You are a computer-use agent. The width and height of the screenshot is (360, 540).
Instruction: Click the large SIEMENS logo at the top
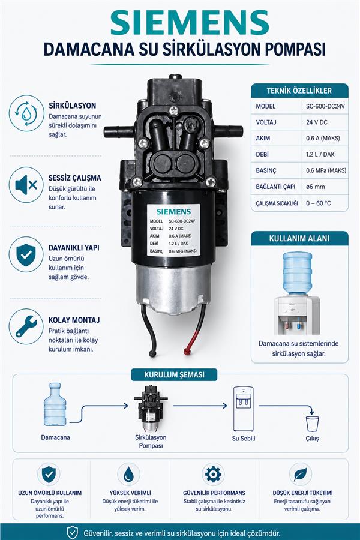pos(190,22)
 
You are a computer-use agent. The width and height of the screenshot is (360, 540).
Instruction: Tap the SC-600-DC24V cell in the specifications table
pos(325,106)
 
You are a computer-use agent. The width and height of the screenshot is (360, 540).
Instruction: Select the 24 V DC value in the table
pos(317,122)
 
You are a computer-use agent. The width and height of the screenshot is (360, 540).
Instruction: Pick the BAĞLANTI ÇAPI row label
pos(275,187)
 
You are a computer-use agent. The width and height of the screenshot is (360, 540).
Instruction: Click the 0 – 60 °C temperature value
pos(319,203)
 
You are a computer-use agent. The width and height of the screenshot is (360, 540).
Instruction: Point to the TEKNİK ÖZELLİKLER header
pos(299,91)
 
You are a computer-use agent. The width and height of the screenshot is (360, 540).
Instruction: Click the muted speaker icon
pos(26,185)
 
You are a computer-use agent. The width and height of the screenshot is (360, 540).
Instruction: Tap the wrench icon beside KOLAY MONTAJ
pos(26,326)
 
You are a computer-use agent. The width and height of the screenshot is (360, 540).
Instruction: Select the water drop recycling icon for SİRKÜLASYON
pos(26,113)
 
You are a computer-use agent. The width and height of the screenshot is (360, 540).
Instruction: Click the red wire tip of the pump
pos(187,351)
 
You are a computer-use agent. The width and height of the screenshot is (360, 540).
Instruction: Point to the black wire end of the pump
pos(152,353)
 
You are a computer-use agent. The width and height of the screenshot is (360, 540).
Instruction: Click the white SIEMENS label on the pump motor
pos(173,230)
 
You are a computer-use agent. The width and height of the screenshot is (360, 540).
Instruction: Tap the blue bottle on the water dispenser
pos(297,273)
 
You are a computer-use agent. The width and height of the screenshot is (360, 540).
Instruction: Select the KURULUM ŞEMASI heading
pos(174,374)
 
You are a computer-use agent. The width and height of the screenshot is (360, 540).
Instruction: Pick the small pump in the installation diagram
pos(151,408)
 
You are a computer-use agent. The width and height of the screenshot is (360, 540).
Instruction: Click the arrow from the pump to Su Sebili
pos(200,406)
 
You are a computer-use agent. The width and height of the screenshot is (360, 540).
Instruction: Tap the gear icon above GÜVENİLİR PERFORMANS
pos(213,475)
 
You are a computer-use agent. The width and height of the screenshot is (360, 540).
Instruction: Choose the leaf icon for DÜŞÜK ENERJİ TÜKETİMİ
pos(301,475)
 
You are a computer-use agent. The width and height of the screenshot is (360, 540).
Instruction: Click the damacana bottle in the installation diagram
pos(55,404)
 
